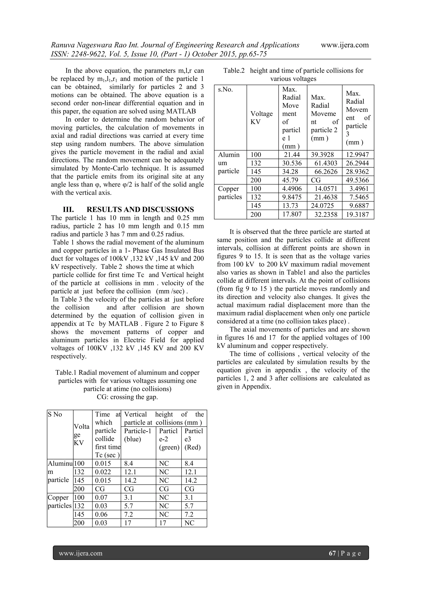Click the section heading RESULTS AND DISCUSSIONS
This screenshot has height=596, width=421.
point(140,209)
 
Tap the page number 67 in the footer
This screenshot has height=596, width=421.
point(332,553)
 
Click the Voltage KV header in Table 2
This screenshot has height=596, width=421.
point(261,118)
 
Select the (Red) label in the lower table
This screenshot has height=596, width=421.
point(192,447)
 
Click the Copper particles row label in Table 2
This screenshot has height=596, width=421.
point(230,193)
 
